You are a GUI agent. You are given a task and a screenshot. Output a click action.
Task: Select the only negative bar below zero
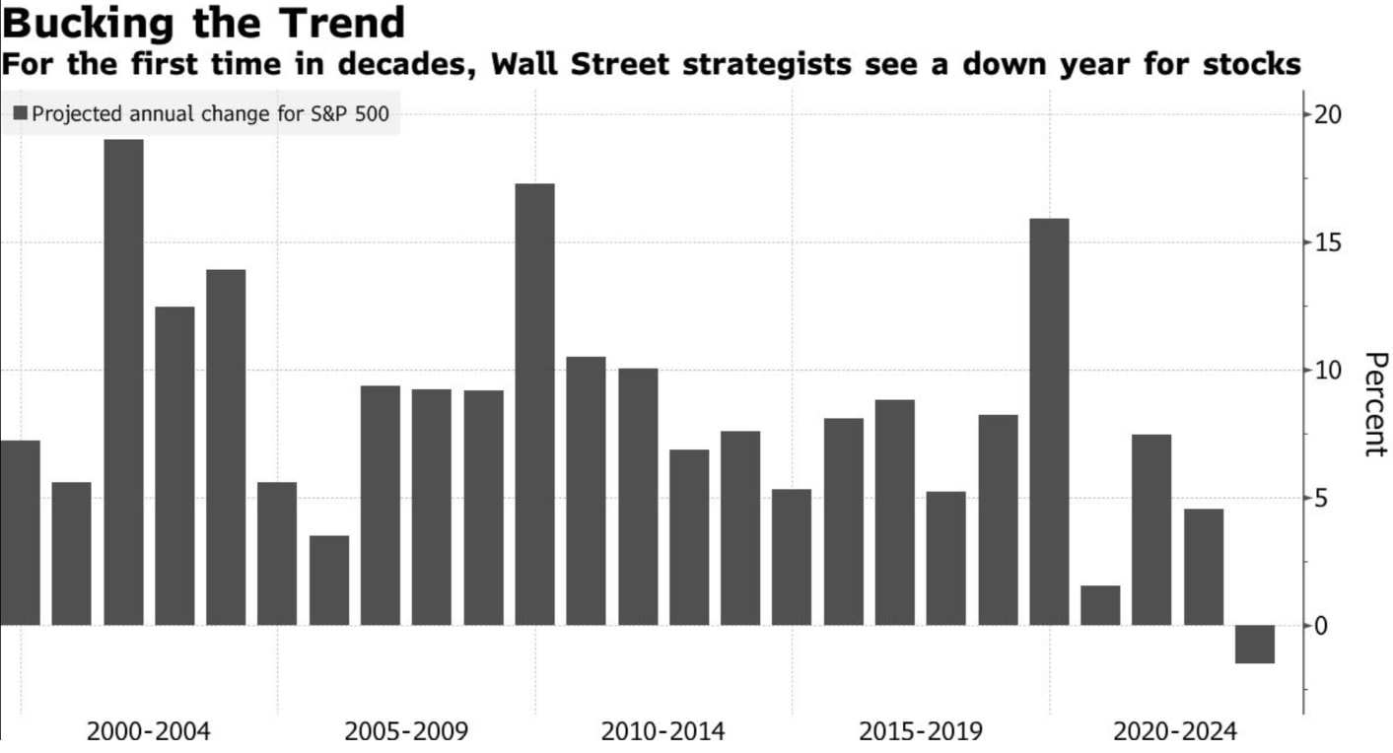click(x=1254, y=645)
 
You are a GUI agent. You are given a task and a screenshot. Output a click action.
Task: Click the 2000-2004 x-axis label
click(x=149, y=732)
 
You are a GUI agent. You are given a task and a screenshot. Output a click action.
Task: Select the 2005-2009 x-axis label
click(x=406, y=732)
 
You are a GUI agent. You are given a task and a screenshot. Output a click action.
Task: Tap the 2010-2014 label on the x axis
click(x=662, y=732)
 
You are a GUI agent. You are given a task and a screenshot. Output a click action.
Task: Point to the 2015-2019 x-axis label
click(x=921, y=732)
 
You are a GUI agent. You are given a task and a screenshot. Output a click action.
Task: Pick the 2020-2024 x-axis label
click(x=1175, y=732)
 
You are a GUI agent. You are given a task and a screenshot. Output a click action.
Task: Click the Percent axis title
click(x=1374, y=404)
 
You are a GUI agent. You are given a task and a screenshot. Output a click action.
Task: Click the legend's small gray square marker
click(x=21, y=113)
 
